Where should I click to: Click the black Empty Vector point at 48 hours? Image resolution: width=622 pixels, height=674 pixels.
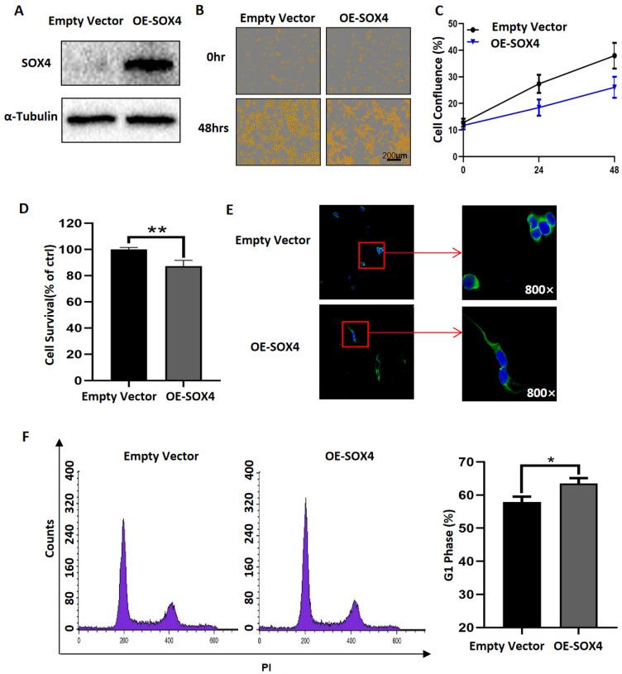click(614, 55)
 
